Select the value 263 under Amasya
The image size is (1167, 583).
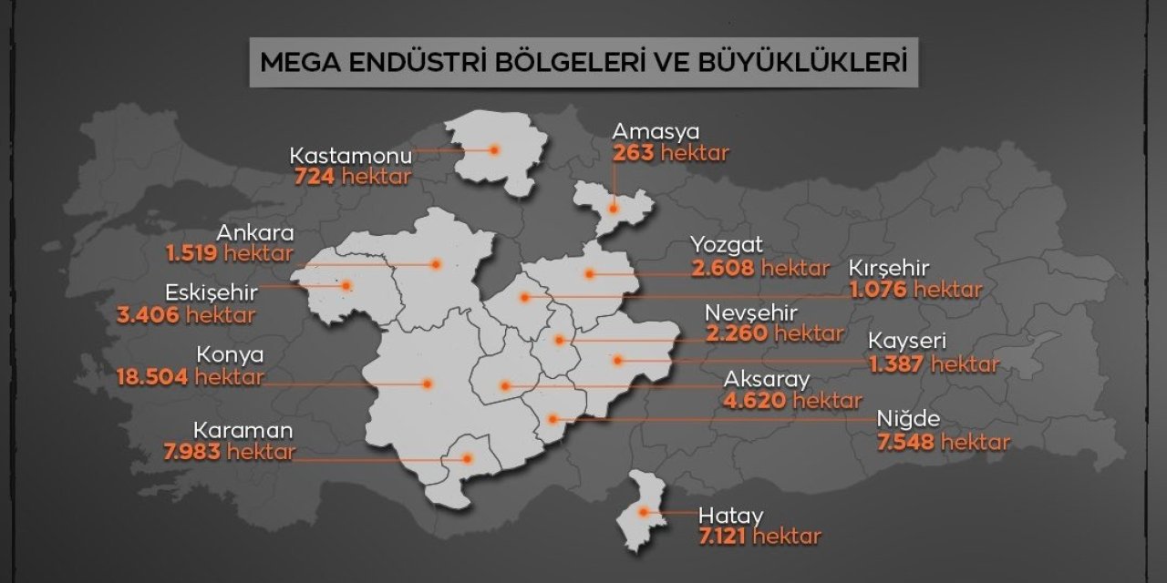click(634, 152)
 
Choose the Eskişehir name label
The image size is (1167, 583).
click(212, 293)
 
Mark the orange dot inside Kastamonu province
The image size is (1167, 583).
click(494, 149)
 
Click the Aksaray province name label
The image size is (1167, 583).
click(766, 379)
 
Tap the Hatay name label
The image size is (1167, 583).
click(730, 514)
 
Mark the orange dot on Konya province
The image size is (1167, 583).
click(427, 384)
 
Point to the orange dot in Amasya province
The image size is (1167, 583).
click(614, 209)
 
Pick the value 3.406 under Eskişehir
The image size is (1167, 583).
click(148, 315)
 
